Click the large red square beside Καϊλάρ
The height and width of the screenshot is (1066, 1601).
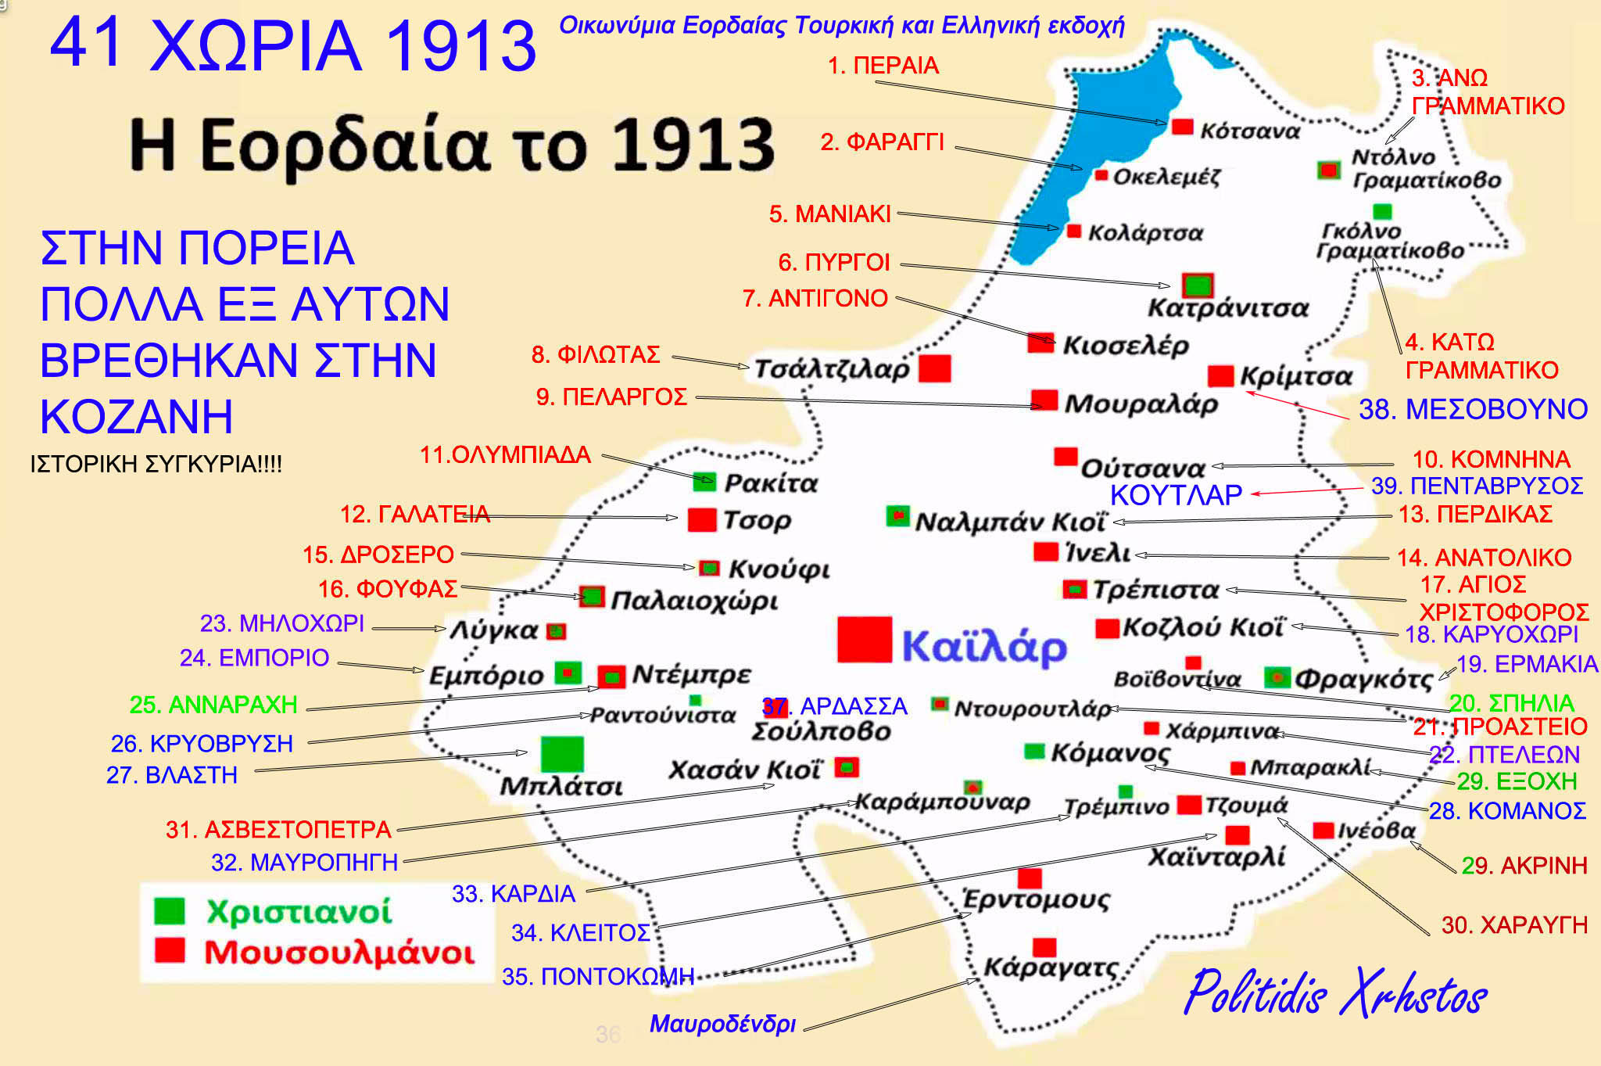click(x=864, y=639)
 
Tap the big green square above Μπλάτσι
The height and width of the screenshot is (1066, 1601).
click(x=562, y=754)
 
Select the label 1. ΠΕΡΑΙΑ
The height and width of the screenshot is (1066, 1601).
click(x=883, y=66)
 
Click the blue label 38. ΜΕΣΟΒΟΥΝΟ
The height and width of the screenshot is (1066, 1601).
click(x=1473, y=409)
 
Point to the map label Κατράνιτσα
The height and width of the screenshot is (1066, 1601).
click(x=1227, y=308)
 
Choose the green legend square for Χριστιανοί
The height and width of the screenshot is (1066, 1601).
click(x=170, y=910)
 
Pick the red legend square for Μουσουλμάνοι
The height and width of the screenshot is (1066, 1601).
click(x=170, y=949)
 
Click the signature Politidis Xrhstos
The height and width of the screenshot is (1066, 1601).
click(x=1334, y=993)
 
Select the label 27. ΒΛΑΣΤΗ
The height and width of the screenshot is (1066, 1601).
click(x=172, y=775)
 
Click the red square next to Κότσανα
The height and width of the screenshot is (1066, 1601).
click(x=1182, y=127)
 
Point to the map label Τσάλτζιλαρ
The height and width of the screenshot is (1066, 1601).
click(x=832, y=369)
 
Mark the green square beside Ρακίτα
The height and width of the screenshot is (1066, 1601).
click(x=704, y=481)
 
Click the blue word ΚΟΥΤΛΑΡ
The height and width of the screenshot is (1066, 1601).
click(x=1176, y=495)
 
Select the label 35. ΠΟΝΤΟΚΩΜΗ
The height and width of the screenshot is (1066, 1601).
click(x=598, y=977)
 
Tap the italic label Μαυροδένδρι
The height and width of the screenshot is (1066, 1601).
click(x=722, y=1024)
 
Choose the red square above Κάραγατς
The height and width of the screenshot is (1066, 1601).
click(x=1044, y=947)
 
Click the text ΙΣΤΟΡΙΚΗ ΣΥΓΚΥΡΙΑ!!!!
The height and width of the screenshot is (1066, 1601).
click(x=156, y=464)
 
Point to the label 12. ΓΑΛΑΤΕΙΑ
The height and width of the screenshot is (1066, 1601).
click(x=414, y=514)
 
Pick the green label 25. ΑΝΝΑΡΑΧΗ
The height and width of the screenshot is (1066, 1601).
click(x=213, y=705)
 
